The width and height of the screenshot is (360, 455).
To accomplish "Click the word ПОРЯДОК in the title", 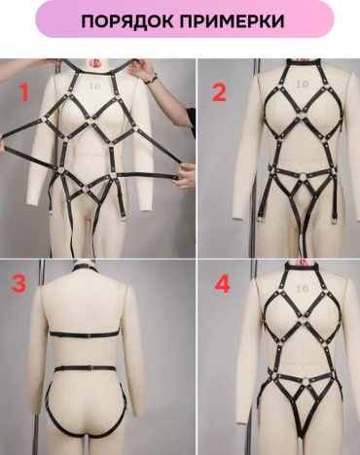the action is pyautogui.click(x=126, y=21).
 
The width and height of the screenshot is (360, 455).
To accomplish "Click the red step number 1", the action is pyautogui.click(x=24, y=92).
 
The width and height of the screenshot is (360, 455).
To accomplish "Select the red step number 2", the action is pyautogui.click(x=219, y=92).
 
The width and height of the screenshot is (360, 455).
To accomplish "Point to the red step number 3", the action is pyautogui.click(x=18, y=284).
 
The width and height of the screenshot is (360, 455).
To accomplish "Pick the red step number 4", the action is pyautogui.click(x=223, y=284).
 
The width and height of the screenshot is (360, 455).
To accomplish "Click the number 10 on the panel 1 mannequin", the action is pyautogui.click(x=95, y=87).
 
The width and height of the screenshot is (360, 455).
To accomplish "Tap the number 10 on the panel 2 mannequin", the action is pyautogui.click(x=302, y=85).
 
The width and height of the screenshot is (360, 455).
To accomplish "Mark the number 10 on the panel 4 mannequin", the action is pyautogui.click(x=302, y=288).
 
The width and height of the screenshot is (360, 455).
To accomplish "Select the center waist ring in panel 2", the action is pyautogui.click(x=305, y=177).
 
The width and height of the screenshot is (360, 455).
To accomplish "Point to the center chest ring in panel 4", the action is pyautogui.click(x=304, y=318).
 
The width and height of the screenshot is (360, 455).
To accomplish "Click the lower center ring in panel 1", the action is pyautogui.click(x=86, y=188).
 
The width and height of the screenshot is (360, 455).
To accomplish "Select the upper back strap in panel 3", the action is pyautogui.click(x=85, y=334).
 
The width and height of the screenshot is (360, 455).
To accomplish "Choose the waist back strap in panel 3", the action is pyautogui.click(x=85, y=368).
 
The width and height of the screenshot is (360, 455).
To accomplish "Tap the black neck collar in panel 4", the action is pyautogui.click(x=302, y=267).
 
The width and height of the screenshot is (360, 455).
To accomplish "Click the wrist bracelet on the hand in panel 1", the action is pyautogui.click(x=151, y=79).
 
